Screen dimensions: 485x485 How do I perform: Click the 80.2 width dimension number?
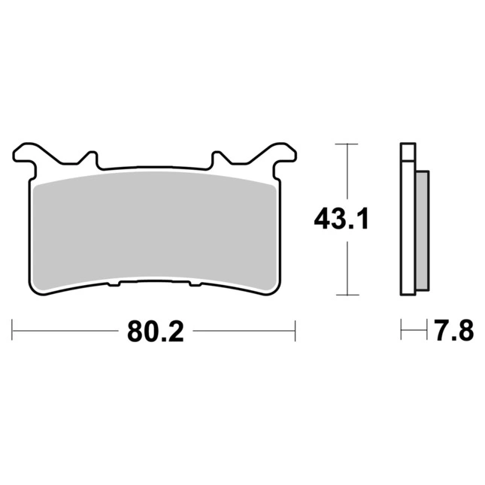coord(155,331)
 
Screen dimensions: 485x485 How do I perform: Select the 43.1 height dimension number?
coord(341,219)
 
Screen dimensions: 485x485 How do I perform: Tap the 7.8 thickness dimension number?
coord(454,330)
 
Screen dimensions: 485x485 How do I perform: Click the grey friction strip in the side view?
coord(422,231)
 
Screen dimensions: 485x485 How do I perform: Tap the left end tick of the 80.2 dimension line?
coord(12,330)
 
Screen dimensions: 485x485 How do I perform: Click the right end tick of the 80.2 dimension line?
coord(296,331)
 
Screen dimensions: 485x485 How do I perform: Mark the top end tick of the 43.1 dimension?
coord(347,144)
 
